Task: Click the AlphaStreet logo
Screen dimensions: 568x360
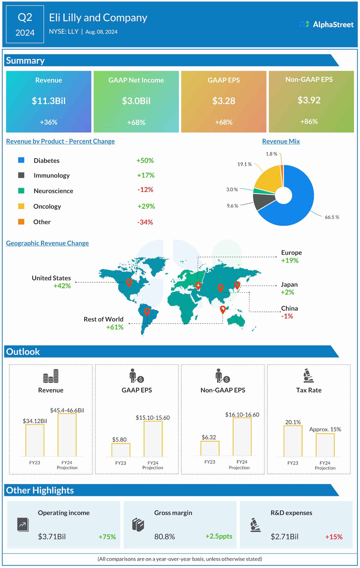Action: pyautogui.click(x=326, y=24)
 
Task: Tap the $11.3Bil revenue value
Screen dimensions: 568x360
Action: pyautogui.click(x=49, y=101)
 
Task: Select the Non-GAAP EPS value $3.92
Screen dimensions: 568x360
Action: pyautogui.click(x=309, y=100)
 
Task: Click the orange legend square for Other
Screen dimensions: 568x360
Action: pyautogui.click(x=21, y=222)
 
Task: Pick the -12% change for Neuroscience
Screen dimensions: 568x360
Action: pyautogui.click(x=145, y=190)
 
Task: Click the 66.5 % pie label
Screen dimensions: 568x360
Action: pyautogui.click(x=332, y=217)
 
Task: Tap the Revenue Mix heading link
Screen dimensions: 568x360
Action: pyautogui.click(x=281, y=141)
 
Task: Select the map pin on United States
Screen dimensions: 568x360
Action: pyautogui.click(x=129, y=282)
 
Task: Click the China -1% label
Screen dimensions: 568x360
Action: pyautogui.click(x=289, y=312)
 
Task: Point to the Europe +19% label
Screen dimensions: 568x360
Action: pyautogui.click(x=291, y=257)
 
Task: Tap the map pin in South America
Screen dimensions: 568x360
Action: pyautogui.click(x=147, y=311)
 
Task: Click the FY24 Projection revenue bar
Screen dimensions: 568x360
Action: pyautogui.click(x=67, y=435)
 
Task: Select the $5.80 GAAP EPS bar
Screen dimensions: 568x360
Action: pyautogui.click(x=121, y=450)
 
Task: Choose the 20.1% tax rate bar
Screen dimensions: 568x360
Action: pyautogui.click(x=293, y=441)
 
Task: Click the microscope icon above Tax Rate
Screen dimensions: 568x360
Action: pyautogui.click(x=309, y=375)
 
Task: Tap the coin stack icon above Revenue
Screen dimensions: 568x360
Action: pyautogui.click(x=51, y=376)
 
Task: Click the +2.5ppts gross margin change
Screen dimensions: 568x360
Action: pyautogui.click(x=219, y=536)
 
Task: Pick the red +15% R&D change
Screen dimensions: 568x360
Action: pyautogui.click(x=334, y=537)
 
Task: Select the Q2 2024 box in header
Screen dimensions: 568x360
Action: pyautogui.click(x=25, y=24)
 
